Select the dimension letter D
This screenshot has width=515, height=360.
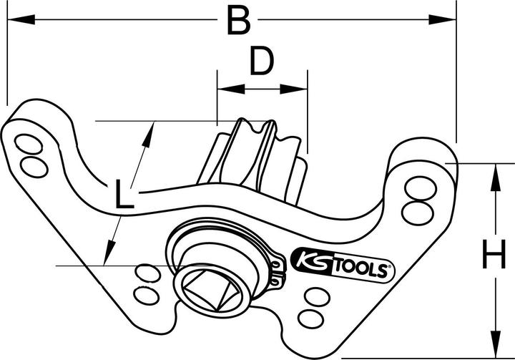pyautogui.click(x=262, y=63)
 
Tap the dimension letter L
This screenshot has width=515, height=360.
pyautogui.click(x=124, y=195)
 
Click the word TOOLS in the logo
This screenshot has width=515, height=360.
pyautogui.click(x=360, y=271)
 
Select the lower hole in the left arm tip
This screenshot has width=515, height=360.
pyautogui.click(x=33, y=166)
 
